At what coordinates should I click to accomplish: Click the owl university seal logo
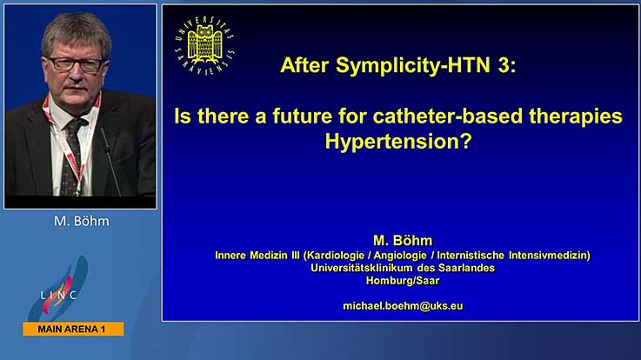204,45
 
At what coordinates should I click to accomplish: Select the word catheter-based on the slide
448,116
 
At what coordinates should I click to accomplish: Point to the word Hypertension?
398,142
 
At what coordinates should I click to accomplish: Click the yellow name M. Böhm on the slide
403,240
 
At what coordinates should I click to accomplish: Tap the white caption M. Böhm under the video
82,221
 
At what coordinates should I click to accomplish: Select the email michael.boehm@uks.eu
403,306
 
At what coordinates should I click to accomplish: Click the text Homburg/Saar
403,281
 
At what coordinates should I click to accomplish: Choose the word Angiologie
400,256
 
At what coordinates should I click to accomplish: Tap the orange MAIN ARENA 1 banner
74,329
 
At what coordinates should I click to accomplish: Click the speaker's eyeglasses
76,64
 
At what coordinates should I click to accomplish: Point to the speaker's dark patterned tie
72,157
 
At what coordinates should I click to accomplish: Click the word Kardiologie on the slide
335,256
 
